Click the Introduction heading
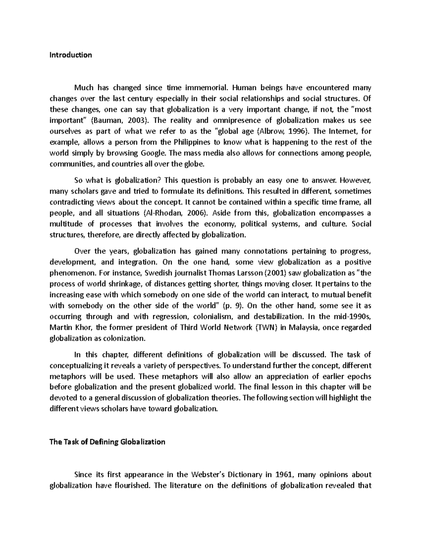[x=71, y=55]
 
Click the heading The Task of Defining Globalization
[x=107, y=442]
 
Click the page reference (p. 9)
[x=233, y=306]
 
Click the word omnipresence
[x=235, y=120]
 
